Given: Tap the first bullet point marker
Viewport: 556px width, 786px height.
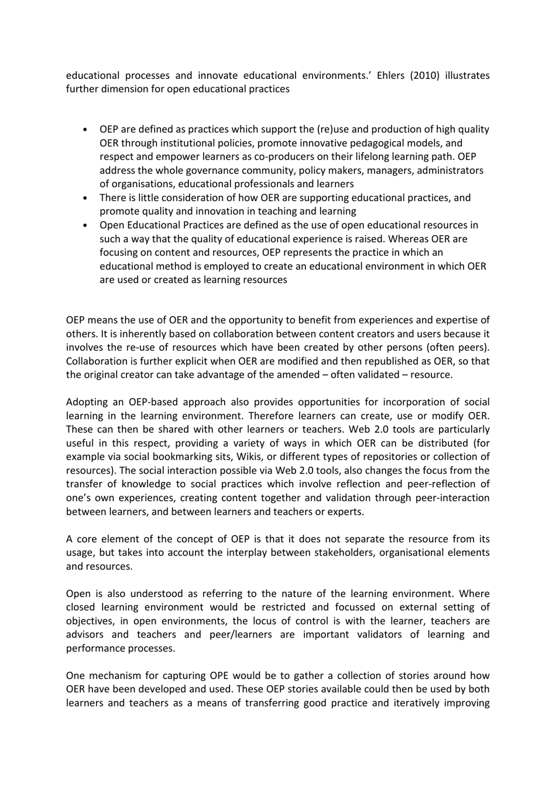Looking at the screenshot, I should click(86, 130).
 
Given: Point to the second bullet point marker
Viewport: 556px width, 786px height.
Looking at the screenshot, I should click(86, 198).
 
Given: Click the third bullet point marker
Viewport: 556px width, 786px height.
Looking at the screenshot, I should click(86, 225).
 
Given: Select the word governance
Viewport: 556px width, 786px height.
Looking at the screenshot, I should click(205, 171).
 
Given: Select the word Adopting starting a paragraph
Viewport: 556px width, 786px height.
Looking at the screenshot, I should click(88, 402).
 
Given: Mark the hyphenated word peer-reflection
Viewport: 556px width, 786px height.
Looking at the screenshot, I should click(435, 484).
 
